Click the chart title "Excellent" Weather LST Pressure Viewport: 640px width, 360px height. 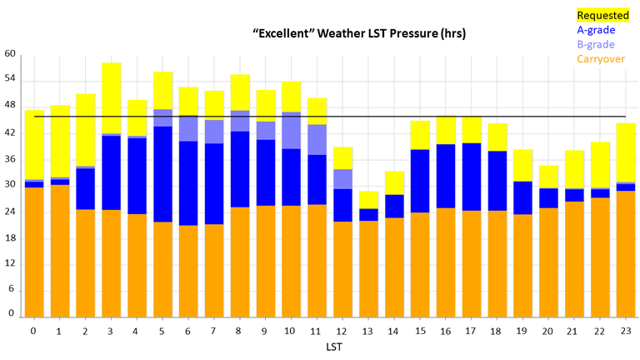click(x=358, y=33)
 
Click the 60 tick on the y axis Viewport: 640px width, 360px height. click(x=10, y=54)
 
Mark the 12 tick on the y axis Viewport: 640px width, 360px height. click(x=10, y=263)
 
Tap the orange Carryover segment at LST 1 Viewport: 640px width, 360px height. click(x=60, y=250)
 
